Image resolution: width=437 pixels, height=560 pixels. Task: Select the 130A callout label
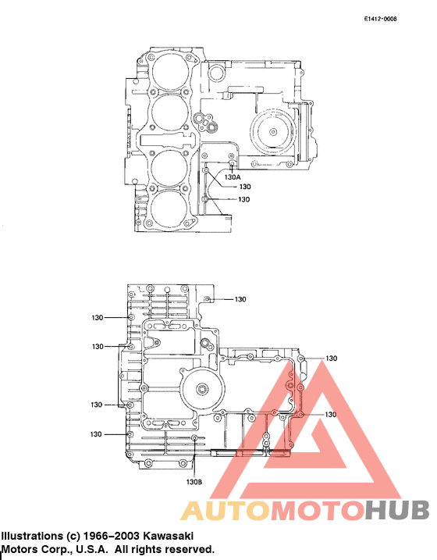[x=232, y=177]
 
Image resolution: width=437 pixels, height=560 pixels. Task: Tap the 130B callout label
[x=194, y=482]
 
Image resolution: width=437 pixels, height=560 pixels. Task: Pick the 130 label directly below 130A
[x=244, y=187]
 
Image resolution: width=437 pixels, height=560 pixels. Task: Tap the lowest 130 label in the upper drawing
[x=243, y=200]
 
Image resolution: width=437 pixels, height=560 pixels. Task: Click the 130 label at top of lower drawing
[x=240, y=299]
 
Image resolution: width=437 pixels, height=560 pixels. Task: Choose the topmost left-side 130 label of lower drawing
[x=97, y=318]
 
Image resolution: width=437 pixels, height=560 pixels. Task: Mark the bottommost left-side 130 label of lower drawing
[x=97, y=434]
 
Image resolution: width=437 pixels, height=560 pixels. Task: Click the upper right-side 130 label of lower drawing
[x=331, y=358]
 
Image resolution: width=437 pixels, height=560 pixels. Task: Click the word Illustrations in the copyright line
[x=31, y=537]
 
